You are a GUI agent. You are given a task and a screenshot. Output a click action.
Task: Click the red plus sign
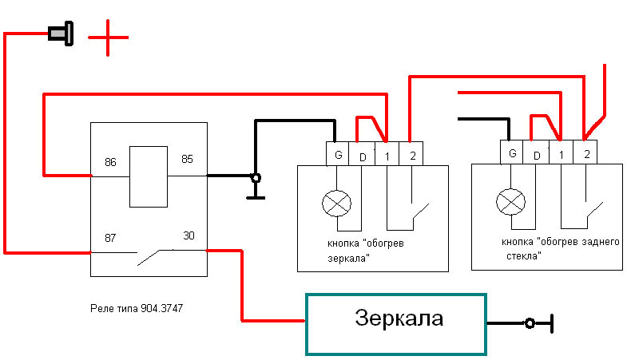click(108, 37)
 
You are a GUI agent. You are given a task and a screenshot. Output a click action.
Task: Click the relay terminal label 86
click(110, 162)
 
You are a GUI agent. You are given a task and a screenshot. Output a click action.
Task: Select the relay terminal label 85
click(187, 159)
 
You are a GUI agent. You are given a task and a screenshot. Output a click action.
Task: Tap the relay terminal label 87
click(110, 238)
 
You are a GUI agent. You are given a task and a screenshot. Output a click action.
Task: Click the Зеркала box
click(395, 322)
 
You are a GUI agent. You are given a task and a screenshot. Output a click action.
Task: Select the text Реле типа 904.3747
click(140, 307)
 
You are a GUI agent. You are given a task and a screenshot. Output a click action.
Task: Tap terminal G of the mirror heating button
click(339, 153)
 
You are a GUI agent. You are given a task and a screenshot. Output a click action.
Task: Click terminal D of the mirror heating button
click(363, 154)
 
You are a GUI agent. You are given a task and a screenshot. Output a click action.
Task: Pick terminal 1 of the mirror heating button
click(387, 153)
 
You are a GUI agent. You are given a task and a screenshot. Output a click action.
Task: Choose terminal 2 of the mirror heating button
click(411, 153)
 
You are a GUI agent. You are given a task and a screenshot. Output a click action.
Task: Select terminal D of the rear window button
click(537, 153)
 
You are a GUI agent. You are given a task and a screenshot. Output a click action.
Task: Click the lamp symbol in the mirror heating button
click(335, 204)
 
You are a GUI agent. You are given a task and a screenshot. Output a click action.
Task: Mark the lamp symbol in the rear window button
click(510, 203)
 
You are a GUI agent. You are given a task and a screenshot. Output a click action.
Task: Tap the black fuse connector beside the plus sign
click(60, 34)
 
